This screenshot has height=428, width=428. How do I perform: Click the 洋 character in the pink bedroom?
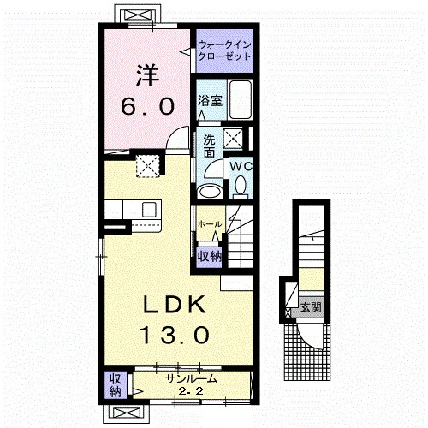point(147,76)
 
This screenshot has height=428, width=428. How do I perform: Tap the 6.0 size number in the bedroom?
point(147,106)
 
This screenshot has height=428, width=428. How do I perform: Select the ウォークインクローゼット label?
point(224,51)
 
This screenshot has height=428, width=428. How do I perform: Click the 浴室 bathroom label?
point(211,100)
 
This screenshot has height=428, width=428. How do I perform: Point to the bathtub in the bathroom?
point(241,99)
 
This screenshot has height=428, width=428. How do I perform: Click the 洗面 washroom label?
point(209,146)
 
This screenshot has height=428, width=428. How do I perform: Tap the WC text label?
point(241,166)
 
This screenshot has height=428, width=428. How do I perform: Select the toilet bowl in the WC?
point(241,185)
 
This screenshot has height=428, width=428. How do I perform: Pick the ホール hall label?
point(210,224)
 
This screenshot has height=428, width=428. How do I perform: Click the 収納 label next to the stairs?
point(210,257)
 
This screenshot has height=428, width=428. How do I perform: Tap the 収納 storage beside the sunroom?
point(116,384)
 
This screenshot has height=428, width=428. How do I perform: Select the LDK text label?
point(175,305)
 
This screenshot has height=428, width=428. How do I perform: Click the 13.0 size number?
point(175,335)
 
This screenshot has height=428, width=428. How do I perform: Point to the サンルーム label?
point(192,378)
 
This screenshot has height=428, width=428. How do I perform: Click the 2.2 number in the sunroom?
point(191,390)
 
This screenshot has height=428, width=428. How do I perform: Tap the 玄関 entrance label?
point(311,307)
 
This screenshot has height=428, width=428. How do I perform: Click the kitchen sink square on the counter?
point(149,211)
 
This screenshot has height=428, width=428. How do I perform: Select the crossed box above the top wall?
point(136,15)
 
